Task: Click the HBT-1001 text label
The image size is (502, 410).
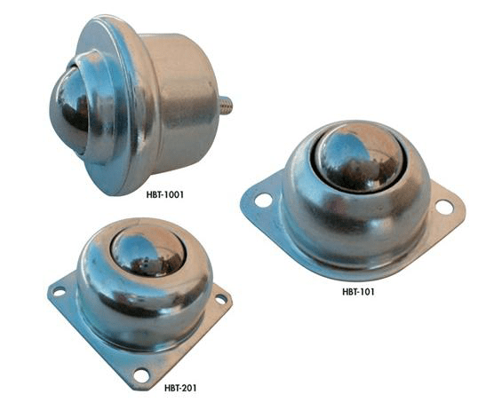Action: pos(165,194)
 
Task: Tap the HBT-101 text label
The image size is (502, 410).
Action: pos(358,292)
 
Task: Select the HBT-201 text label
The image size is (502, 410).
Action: pos(180,388)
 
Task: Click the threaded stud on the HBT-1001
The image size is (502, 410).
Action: pos(226,106)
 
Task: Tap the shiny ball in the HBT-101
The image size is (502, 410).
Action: pos(361,158)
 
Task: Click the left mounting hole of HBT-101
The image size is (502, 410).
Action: pos(264,201)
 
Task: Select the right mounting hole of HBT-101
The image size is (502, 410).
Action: pos(444,207)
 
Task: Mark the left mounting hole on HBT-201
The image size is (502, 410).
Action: pos(59,291)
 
